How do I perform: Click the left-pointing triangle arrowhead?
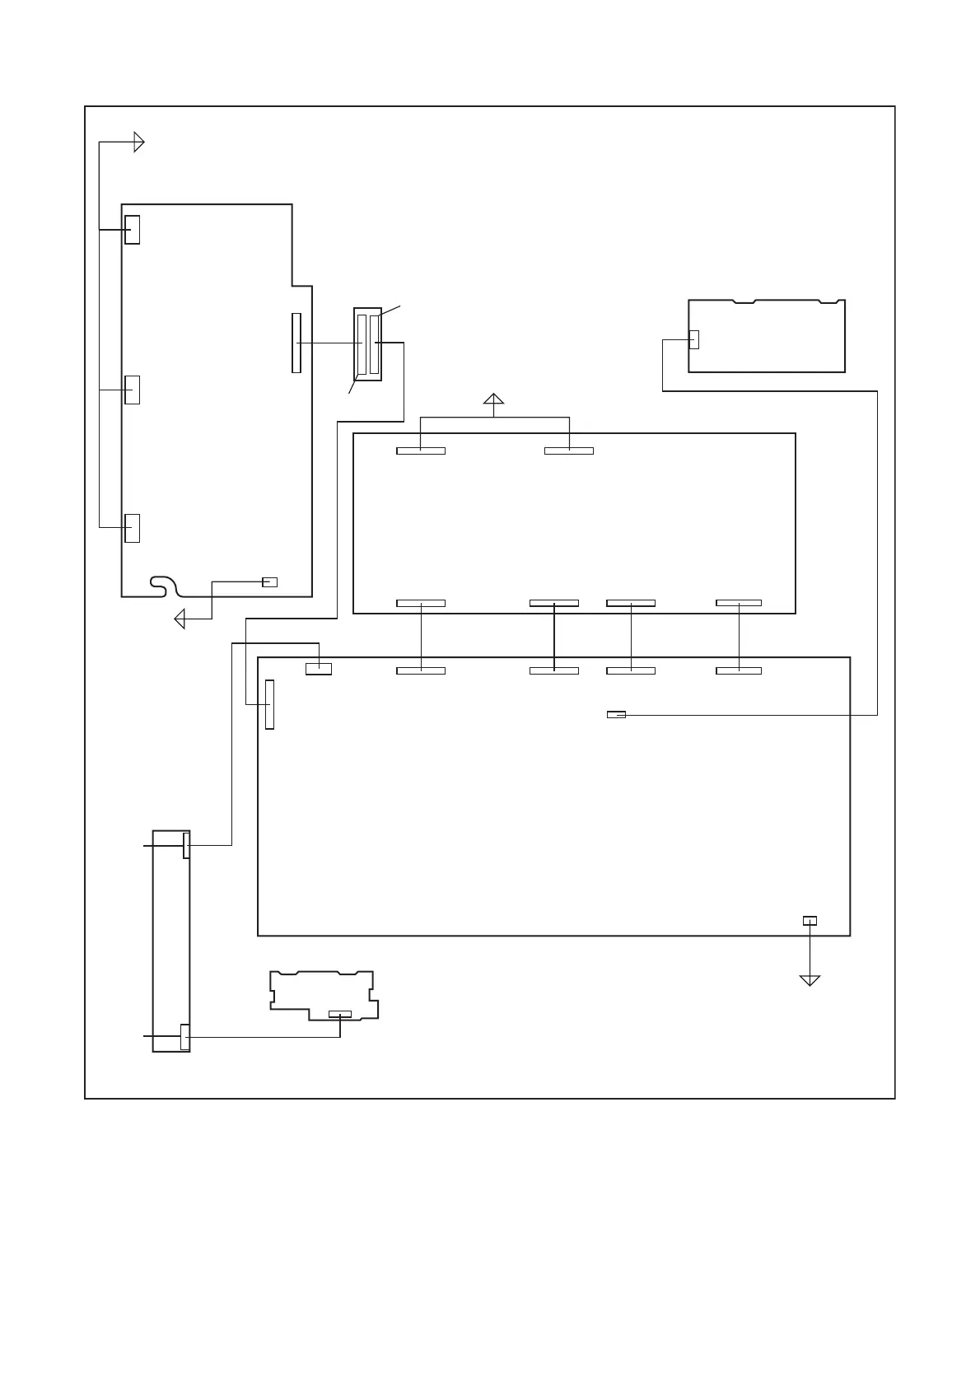pyautogui.click(x=180, y=619)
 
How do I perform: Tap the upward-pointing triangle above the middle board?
pyautogui.click(x=493, y=401)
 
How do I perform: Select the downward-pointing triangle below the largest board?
pyautogui.click(x=810, y=980)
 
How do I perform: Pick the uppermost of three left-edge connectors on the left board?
pyautogui.click(x=132, y=230)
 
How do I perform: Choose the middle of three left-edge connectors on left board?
pyautogui.click(x=132, y=390)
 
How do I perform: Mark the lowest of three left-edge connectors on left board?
pyautogui.click(x=132, y=528)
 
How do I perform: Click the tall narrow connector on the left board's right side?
pyautogui.click(x=296, y=343)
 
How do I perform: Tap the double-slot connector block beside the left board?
pyautogui.click(x=367, y=344)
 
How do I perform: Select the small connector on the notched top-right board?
pyautogui.click(x=693, y=339)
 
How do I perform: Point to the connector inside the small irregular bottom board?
pyautogui.click(x=339, y=1013)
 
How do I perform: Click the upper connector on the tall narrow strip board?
pyautogui.click(x=186, y=845)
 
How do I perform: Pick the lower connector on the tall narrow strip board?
pyautogui.click(x=184, y=1037)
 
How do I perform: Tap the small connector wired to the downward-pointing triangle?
pyautogui.click(x=810, y=920)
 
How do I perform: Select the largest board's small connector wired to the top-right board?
pyautogui.click(x=616, y=715)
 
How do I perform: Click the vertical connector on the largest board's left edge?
pyautogui.click(x=269, y=704)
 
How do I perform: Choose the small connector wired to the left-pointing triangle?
pyautogui.click(x=269, y=582)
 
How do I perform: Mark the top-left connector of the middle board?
pyautogui.click(x=421, y=451)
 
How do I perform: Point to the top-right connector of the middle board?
pyautogui.click(x=569, y=451)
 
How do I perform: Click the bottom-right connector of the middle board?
pyautogui.click(x=739, y=603)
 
